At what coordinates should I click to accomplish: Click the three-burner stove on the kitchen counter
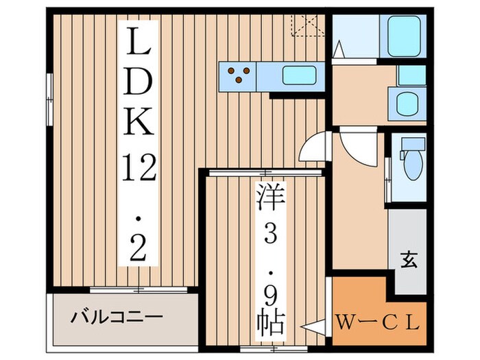238,75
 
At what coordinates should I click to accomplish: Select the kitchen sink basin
298,75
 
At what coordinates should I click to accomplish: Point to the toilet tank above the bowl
413,145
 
